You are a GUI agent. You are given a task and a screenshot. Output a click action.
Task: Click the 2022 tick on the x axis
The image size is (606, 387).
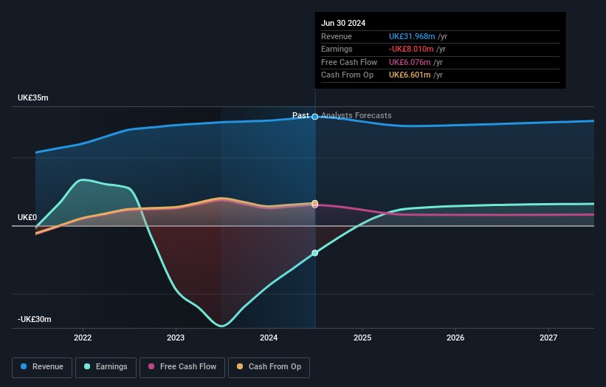83,338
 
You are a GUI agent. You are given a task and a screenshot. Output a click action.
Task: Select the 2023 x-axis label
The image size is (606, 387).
176,338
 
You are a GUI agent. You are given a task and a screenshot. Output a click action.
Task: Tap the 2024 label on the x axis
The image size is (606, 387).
269,338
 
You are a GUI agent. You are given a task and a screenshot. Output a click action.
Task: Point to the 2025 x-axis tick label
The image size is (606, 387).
362,338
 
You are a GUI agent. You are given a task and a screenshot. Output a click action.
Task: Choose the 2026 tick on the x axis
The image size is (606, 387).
455,338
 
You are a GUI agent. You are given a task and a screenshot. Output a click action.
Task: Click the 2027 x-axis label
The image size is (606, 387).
548,338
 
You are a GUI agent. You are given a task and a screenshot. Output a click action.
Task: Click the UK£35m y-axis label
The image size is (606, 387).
33,98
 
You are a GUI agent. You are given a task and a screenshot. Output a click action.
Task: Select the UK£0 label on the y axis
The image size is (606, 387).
27,218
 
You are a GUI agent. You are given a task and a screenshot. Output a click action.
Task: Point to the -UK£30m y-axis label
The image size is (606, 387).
35,320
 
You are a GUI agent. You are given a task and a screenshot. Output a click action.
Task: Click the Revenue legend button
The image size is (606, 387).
43,367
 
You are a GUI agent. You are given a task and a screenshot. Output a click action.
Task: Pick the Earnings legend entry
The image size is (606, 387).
106,367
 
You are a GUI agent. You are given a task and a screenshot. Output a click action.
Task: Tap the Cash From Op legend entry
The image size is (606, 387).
270,367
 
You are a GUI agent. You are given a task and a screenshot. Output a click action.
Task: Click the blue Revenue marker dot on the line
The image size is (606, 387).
315,117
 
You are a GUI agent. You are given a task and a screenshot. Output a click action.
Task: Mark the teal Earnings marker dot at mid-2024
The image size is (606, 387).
315,253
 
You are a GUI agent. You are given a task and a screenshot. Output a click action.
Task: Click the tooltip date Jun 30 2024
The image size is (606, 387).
343,24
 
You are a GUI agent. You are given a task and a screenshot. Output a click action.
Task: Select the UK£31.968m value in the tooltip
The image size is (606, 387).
412,37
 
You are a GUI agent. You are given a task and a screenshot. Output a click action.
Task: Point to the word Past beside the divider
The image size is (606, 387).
300,116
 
